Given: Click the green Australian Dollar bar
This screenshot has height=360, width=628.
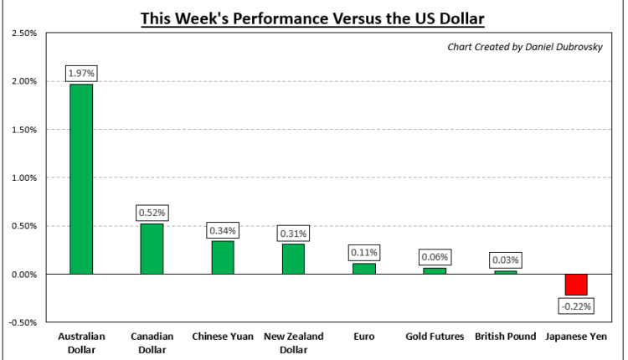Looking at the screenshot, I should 80,179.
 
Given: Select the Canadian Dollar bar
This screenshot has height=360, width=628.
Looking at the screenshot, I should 152,249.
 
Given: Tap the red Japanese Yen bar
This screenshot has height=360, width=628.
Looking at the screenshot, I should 576,285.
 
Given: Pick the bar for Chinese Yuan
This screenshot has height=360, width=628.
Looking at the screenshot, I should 223,258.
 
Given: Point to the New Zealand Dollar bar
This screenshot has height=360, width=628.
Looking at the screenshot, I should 293,259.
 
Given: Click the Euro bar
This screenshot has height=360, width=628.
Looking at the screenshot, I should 364,269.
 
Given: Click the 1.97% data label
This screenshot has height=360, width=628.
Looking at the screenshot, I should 80,74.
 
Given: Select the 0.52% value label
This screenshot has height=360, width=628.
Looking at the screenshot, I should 152,213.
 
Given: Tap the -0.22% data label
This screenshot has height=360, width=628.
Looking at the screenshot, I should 576,306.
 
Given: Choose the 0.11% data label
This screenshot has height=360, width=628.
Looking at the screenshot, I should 364,252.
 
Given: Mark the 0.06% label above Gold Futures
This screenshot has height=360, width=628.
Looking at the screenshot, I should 435,257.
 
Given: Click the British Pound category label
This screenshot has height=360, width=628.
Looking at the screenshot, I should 505,337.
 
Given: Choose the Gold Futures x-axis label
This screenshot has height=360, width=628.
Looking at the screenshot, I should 435,337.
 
